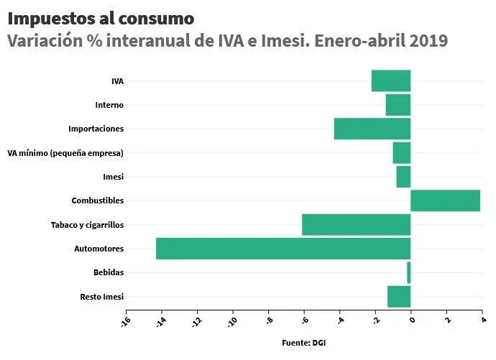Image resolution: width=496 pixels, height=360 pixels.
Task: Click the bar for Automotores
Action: [x=283, y=249]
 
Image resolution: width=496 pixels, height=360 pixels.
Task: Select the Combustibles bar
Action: [x=445, y=200]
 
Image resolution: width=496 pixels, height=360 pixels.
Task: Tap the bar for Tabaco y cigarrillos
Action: [x=356, y=225]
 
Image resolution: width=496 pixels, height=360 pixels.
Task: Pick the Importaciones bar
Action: [x=372, y=129]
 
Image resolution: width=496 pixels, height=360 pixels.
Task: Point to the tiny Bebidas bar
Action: [x=408, y=273]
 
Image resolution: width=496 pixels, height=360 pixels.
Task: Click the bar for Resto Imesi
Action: [x=399, y=297]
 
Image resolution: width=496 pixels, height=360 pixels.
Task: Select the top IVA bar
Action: [x=391, y=80]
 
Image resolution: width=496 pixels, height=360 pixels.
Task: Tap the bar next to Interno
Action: [x=398, y=105]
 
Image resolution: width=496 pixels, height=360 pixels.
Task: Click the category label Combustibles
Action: [x=98, y=200]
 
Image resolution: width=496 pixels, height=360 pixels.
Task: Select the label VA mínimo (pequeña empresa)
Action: [x=65, y=153]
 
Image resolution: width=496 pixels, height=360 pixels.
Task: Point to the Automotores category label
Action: [x=99, y=249]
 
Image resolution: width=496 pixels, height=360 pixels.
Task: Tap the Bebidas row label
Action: [x=109, y=273]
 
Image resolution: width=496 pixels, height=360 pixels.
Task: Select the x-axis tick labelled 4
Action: [x=482, y=320]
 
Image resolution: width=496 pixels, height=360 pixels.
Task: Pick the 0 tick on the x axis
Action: [x=411, y=320]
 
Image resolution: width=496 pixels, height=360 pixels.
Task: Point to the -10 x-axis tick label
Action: [x=231, y=320]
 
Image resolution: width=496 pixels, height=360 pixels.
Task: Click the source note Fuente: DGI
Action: [x=303, y=343]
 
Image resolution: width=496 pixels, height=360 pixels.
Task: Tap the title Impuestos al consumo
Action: [x=101, y=17]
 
